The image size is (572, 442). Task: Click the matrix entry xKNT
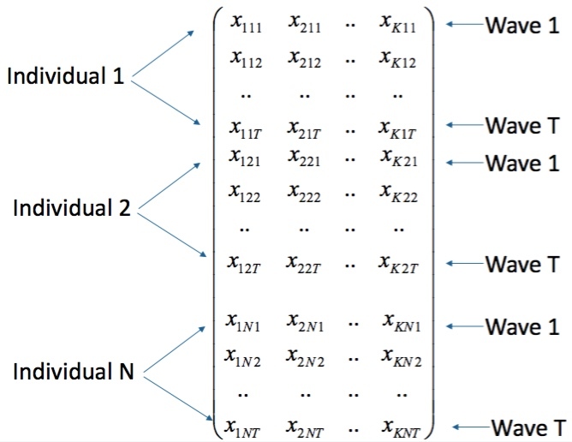point(402,425)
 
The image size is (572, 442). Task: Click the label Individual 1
point(66,76)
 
